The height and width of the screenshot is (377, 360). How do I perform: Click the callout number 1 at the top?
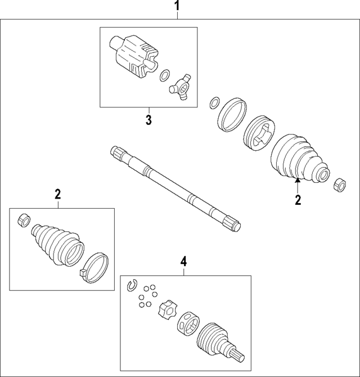coord(177,6)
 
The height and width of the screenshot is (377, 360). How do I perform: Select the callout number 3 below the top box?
coord(148,119)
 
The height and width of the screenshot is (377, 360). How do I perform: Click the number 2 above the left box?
coord(58,194)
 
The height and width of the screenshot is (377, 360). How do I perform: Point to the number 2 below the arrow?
coord(298,200)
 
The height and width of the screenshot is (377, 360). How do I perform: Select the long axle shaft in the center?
coord(175,188)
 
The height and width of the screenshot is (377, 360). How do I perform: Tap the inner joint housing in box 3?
coord(134,57)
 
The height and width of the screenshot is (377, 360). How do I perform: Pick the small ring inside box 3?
coord(165,75)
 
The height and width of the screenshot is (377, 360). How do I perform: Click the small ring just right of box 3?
coord(214,103)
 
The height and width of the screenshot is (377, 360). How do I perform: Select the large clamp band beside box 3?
coord(232,114)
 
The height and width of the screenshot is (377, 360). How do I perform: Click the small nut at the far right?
coord(340,185)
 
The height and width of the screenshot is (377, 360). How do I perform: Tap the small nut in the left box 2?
coord(24,219)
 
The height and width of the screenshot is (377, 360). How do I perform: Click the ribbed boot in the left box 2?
coord(58,245)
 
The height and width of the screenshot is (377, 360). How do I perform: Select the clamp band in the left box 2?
coord(94,267)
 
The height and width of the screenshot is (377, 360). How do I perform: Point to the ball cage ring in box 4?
coord(189,323)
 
